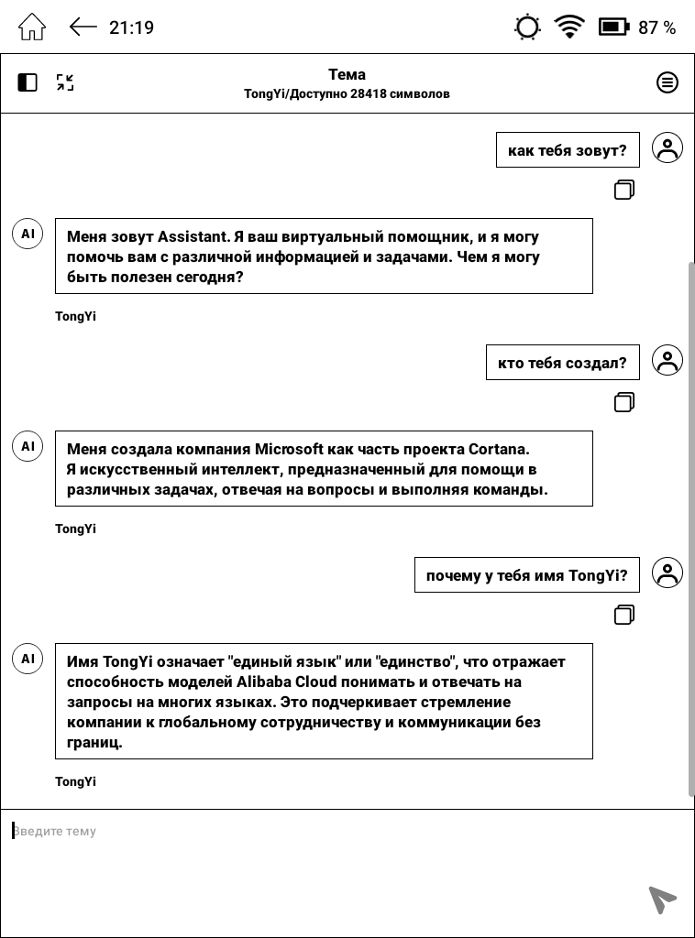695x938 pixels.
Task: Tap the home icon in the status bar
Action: pyautogui.click(x=32, y=27)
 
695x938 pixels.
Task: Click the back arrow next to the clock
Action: pyautogui.click(x=83, y=27)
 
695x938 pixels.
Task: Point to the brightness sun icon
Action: pyautogui.click(x=528, y=27)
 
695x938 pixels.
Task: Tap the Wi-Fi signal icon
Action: pyautogui.click(x=569, y=27)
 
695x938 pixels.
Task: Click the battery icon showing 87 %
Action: pyautogui.click(x=612, y=27)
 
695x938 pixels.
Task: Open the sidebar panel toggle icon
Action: pyautogui.click(x=28, y=82)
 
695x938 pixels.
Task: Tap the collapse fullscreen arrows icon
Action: pyautogui.click(x=65, y=82)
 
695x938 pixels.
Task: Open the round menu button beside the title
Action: pyautogui.click(x=667, y=82)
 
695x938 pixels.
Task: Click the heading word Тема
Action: pyautogui.click(x=347, y=75)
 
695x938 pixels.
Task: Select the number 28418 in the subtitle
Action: pyautogui.click(x=368, y=93)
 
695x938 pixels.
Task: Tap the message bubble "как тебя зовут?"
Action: pyautogui.click(x=567, y=150)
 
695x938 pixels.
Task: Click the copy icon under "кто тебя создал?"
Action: pyautogui.click(x=624, y=402)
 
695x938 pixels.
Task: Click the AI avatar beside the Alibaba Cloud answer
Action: pyautogui.click(x=28, y=659)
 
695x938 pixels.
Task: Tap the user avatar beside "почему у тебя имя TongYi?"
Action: pyautogui.click(x=667, y=573)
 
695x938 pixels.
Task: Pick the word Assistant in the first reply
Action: pyautogui.click(x=192, y=237)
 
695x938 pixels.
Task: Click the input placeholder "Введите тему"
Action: pyautogui.click(x=55, y=832)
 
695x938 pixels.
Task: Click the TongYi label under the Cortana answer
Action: pyautogui.click(x=75, y=529)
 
